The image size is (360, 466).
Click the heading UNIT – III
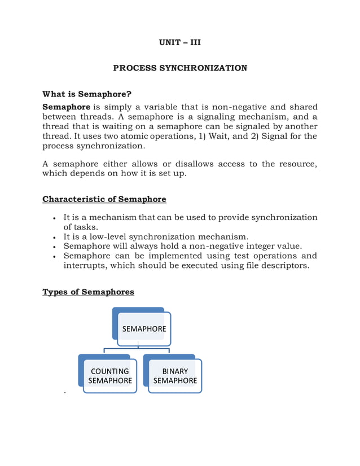coord(179,42)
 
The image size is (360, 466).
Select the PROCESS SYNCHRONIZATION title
coord(179,68)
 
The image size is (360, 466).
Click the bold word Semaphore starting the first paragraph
coord(67,107)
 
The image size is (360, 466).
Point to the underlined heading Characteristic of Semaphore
coord(104,199)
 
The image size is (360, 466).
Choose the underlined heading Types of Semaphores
coord(89,292)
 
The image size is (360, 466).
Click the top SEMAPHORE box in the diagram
coord(144,328)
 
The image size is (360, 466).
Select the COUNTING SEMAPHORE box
coord(110,376)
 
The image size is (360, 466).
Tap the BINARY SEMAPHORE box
coord(175,376)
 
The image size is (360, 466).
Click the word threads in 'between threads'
coord(96,117)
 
